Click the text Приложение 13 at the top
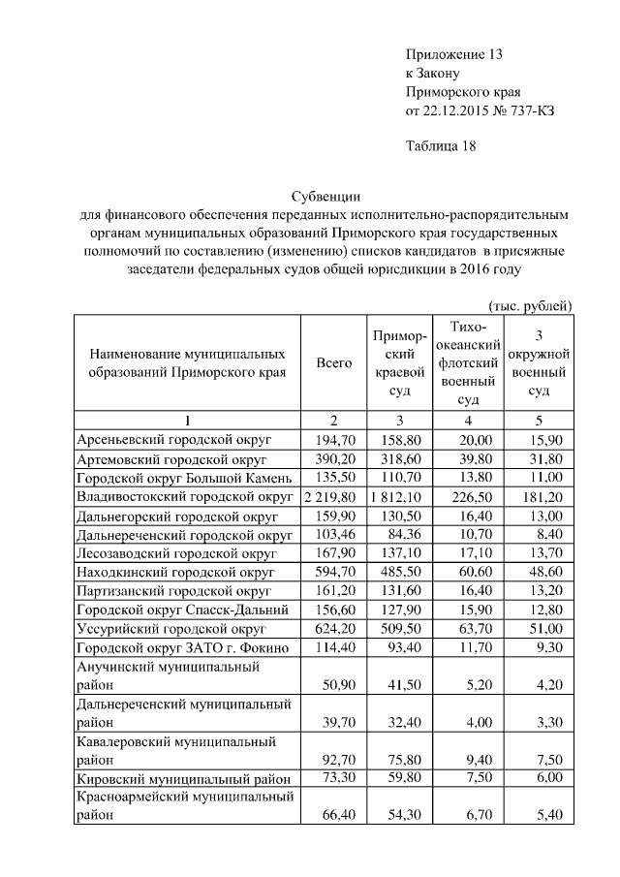(453, 53)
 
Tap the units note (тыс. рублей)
(531, 305)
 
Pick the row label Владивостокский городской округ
(184, 496)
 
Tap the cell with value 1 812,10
(400, 496)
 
